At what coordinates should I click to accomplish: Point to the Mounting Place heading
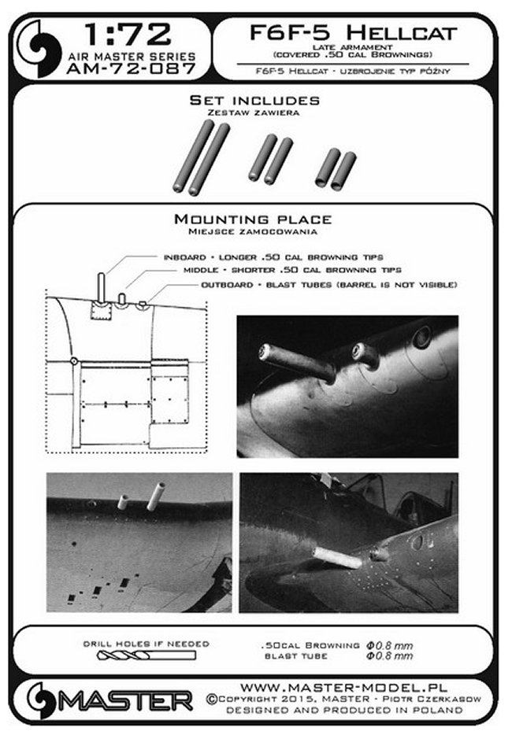(x=252, y=219)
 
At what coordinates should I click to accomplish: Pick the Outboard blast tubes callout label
(x=329, y=283)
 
